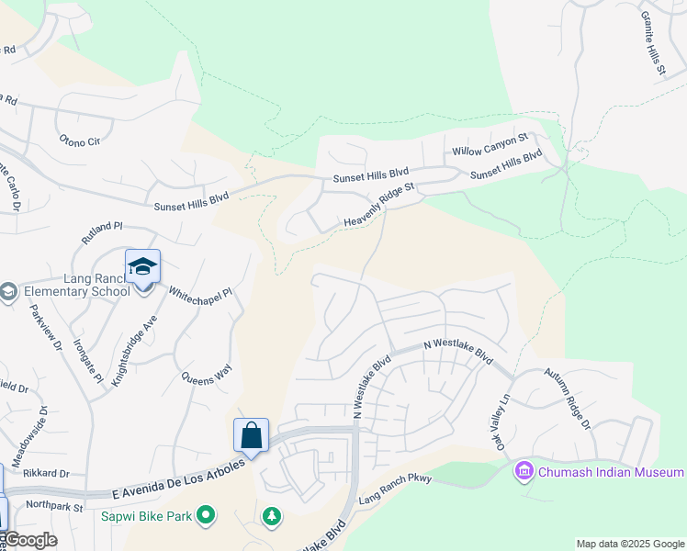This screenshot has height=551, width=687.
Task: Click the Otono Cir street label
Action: point(79,141)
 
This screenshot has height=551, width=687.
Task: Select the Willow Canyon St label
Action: point(490,143)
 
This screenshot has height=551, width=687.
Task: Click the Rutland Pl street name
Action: point(101,231)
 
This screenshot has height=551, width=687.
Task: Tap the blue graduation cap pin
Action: point(142,267)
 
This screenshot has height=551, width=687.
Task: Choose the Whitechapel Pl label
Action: point(201,302)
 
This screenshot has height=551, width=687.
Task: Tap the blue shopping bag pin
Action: point(251,435)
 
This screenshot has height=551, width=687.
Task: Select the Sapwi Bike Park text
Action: point(146,516)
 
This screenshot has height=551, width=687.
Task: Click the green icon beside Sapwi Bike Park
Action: point(207,516)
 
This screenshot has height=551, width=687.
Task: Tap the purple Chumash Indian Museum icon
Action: point(524,472)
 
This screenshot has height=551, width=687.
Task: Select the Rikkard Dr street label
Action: point(47,474)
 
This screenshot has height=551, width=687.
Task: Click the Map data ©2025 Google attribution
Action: point(629,544)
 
